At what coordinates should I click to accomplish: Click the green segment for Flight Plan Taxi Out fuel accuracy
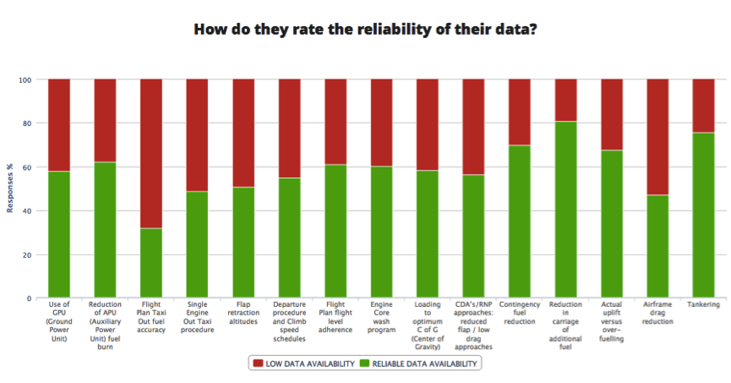pos(151,263)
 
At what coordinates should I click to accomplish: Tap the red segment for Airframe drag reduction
pos(657,137)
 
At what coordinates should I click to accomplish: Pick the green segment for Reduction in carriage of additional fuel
pos(565,210)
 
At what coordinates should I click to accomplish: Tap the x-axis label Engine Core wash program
pos(381,316)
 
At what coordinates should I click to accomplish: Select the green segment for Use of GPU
pos(59,234)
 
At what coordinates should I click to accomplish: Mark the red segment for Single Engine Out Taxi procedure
pos(197,135)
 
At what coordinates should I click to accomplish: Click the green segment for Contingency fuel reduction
pos(520,222)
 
